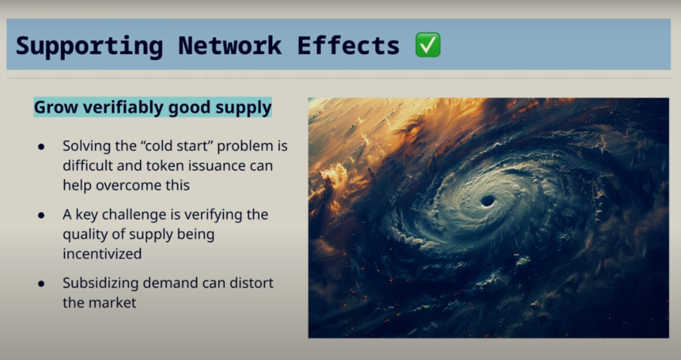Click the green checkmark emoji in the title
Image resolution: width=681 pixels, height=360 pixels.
click(428, 45)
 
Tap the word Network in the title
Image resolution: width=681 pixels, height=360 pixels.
click(230, 45)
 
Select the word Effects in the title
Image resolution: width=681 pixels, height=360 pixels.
click(348, 45)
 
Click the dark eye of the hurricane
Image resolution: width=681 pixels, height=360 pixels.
click(487, 200)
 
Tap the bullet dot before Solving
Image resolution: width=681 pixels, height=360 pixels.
click(41, 147)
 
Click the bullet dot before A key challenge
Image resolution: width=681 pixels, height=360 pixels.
click(41, 216)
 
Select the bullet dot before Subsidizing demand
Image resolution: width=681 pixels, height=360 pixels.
click(41, 284)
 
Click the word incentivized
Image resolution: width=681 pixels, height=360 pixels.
click(102, 253)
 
